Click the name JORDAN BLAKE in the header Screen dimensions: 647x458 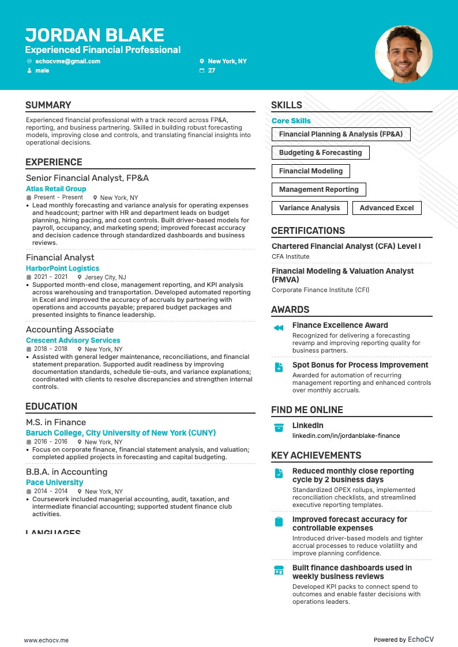point(95,35)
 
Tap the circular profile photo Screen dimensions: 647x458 point(403,54)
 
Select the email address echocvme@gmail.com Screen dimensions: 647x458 point(67,61)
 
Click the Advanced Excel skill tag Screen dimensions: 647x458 point(386,208)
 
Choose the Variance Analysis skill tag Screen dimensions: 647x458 point(309,208)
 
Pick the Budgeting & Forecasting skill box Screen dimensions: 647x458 point(320,153)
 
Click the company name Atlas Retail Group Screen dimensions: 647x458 point(56,189)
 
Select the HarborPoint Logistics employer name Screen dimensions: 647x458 point(62,268)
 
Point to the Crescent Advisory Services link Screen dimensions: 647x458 point(73,340)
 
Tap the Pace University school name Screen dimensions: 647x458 point(54,483)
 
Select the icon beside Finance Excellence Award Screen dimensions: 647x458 point(279,328)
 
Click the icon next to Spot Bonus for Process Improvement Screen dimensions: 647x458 point(279,368)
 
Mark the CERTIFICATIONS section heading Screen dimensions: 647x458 point(308,231)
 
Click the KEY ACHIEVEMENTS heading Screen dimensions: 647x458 point(316,456)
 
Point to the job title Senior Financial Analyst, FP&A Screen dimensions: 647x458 point(87,178)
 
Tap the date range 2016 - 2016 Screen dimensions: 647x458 point(51,442)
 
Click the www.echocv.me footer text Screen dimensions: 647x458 point(46,640)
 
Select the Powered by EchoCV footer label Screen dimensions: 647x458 point(403,640)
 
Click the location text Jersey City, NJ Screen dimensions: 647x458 point(105,277)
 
